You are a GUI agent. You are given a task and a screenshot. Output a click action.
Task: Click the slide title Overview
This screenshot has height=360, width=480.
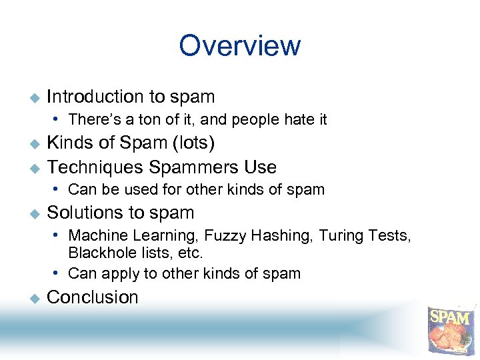[240, 46]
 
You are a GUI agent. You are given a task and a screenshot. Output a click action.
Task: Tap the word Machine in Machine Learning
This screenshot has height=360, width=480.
[94, 236]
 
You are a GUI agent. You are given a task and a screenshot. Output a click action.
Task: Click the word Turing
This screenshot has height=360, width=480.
[341, 236]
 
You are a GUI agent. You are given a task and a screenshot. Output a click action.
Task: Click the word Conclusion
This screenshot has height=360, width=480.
[93, 297]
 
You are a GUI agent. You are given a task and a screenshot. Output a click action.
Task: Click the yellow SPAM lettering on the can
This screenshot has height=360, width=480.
[451, 317]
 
